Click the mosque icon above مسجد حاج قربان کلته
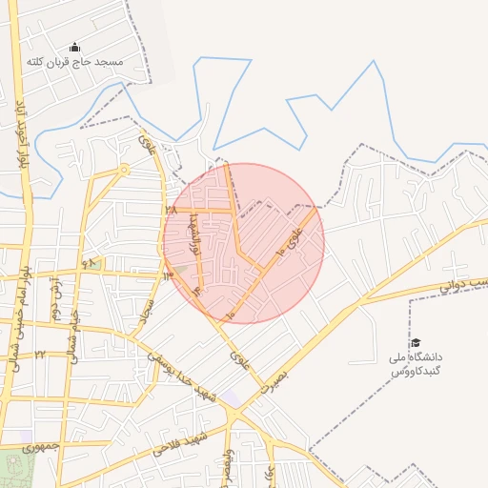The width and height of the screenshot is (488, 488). click(76, 48)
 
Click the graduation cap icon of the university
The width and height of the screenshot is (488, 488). click(415, 342)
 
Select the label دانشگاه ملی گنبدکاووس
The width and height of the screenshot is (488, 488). click(417, 363)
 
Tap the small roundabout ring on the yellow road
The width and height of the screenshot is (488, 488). click(124, 170)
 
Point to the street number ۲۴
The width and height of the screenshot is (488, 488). click(40, 354)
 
